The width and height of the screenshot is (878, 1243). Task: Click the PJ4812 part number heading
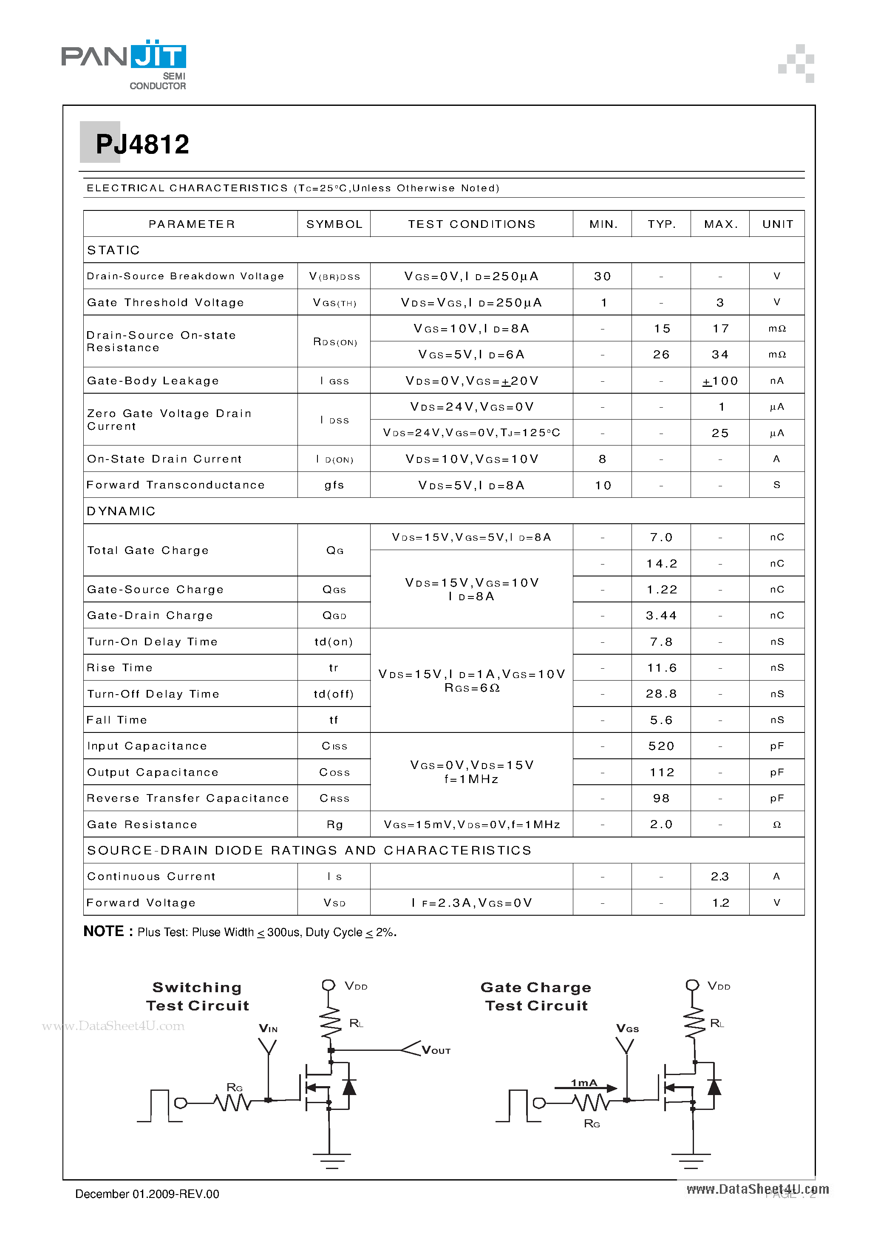point(142,145)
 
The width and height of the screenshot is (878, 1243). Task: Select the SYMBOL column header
point(334,224)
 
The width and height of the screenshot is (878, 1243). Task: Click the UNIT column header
point(777,224)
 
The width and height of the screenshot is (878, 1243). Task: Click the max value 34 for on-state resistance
point(720,355)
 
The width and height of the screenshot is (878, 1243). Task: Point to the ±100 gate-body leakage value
point(720,381)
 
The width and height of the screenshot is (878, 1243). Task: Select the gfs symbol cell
point(334,485)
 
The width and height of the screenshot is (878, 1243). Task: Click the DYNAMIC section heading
point(121,511)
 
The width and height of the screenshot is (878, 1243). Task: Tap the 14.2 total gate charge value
point(661,564)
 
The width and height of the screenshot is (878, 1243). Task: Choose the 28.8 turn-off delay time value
point(661,695)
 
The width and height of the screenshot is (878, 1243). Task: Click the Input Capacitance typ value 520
point(661,746)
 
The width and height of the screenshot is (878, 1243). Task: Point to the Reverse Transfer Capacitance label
point(188,798)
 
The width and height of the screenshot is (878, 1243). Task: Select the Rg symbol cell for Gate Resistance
point(334,825)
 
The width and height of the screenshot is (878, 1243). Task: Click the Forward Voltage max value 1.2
point(720,903)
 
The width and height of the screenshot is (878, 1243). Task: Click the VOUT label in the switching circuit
point(436,1051)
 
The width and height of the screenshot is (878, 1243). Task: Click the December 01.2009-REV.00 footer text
point(147,1194)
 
